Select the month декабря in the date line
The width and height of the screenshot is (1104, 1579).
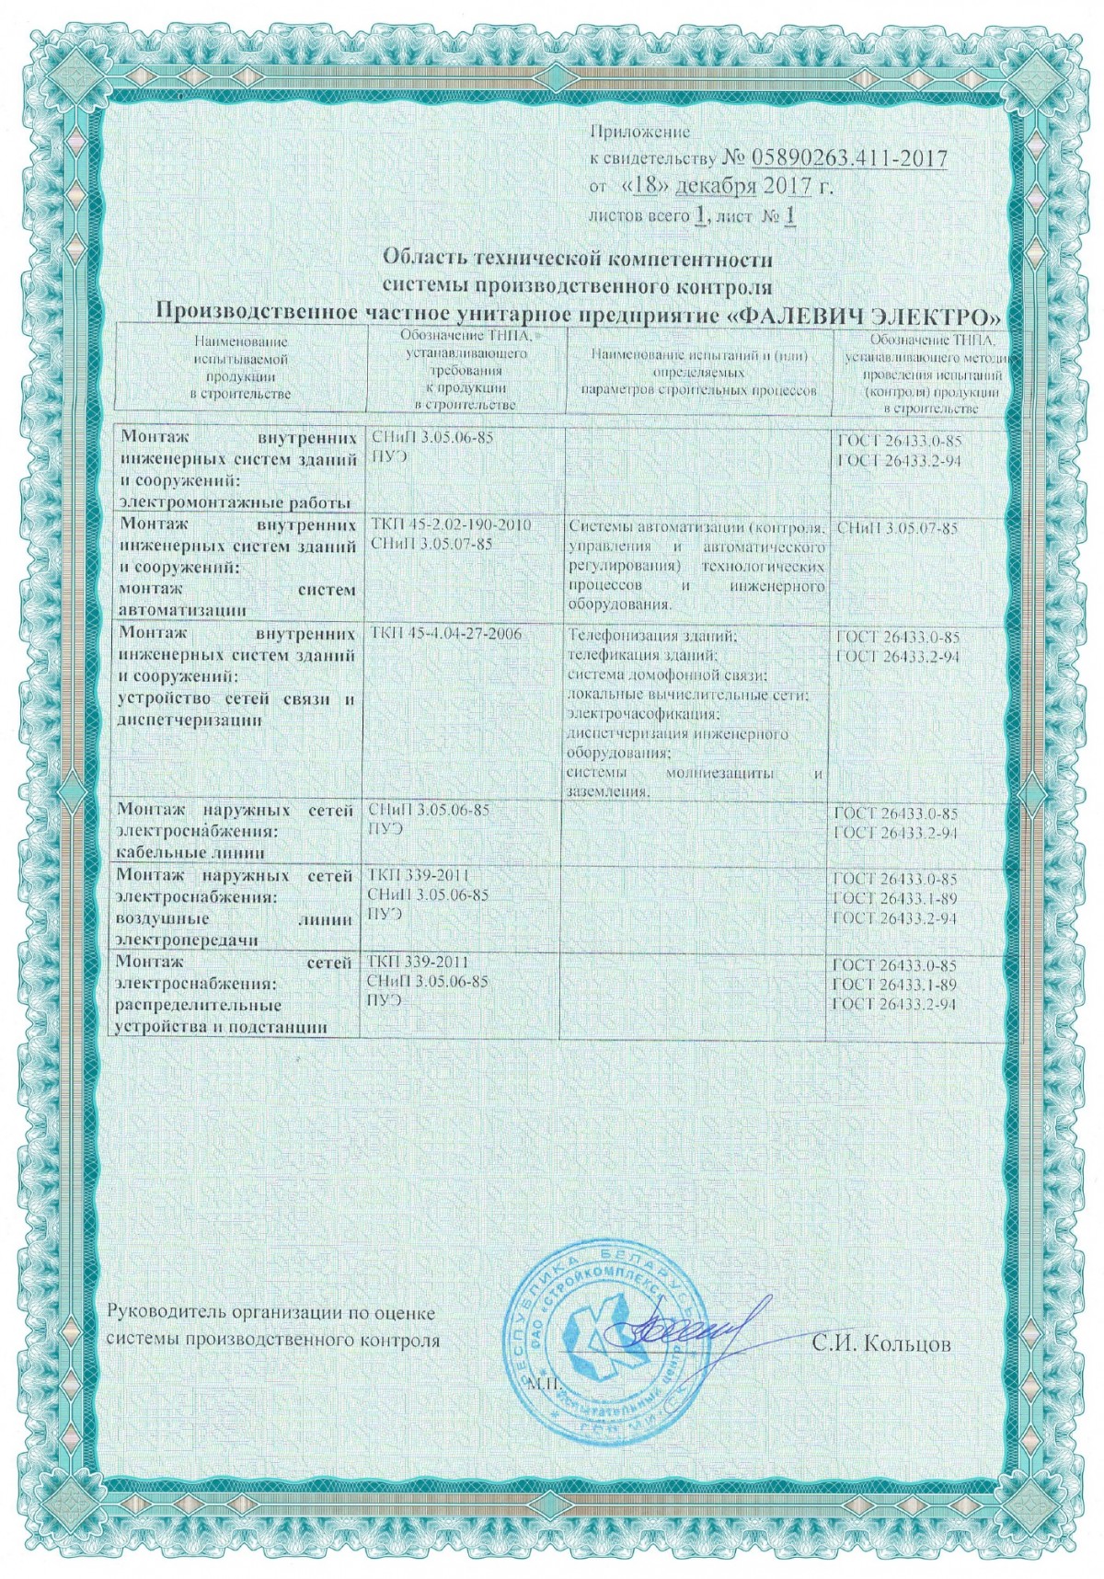[716, 187]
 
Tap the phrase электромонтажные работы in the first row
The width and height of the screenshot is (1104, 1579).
[236, 502]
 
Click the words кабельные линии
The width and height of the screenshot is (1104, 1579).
[191, 851]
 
